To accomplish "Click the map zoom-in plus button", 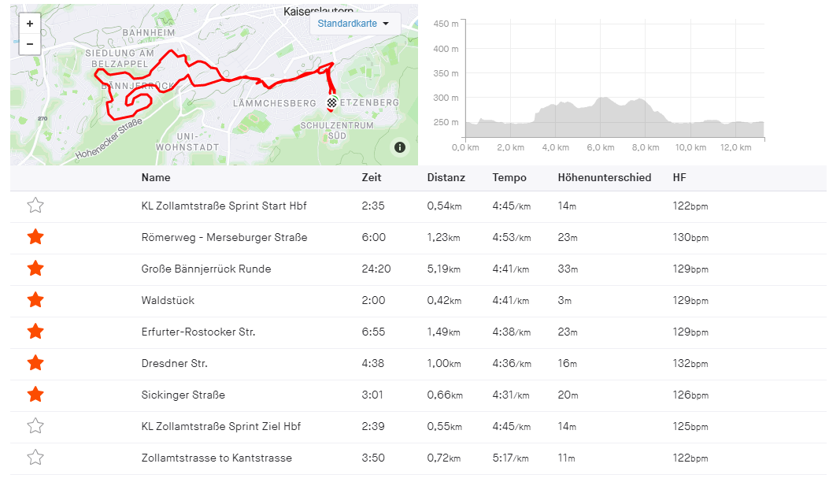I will click(x=30, y=24).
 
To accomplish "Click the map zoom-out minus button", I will click(x=30, y=44).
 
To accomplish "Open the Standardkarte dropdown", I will click(x=353, y=24).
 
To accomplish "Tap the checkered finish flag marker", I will click(x=332, y=102).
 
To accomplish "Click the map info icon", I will click(x=400, y=147).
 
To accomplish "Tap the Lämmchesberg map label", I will click(x=264, y=103).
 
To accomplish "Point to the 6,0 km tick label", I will click(x=601, y=148).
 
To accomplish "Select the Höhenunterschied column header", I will click(x=604, y=178).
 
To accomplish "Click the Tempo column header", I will click(x=509, y=178).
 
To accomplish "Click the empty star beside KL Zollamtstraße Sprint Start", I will click(x=35, y=206).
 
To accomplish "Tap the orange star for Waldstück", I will click(x=35, y=300).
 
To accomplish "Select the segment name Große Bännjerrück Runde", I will click(x=206, y=269).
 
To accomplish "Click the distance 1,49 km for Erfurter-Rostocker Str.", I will click(x=445, y=332).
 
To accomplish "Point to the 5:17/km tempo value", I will click(x=512, y=458).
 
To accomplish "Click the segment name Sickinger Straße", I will click(x=183, y=395).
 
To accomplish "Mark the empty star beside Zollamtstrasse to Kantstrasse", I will click(x=35, y=458).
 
